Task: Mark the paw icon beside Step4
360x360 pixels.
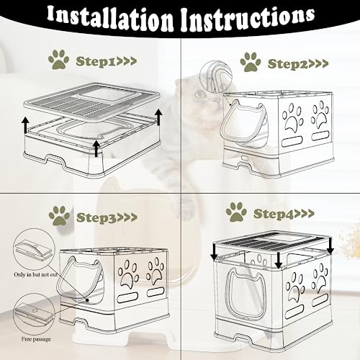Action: tap(236, 211)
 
